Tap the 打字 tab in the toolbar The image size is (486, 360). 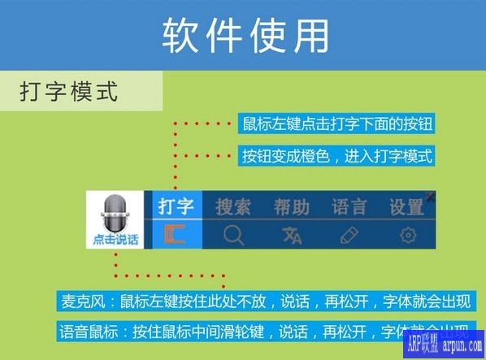coord(176,206)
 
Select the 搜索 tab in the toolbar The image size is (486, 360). coord(233,206)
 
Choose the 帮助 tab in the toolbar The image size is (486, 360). coord(291,206)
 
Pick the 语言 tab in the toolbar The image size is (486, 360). coord(349,206)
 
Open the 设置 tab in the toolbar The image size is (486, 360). coord(406,206)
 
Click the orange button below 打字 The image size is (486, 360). coord(175,235)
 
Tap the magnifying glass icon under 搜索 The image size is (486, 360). coord(234,236)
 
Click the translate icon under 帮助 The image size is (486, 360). coord(292,236)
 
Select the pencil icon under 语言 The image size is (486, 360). coord(349,236)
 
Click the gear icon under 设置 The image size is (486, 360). coord(407,236)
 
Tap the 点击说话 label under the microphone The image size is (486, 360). coord(115,240)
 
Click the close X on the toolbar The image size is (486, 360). coord(430,197)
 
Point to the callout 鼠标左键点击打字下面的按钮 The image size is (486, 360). coord(337,124)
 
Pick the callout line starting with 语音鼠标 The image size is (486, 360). coord(264,331)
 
